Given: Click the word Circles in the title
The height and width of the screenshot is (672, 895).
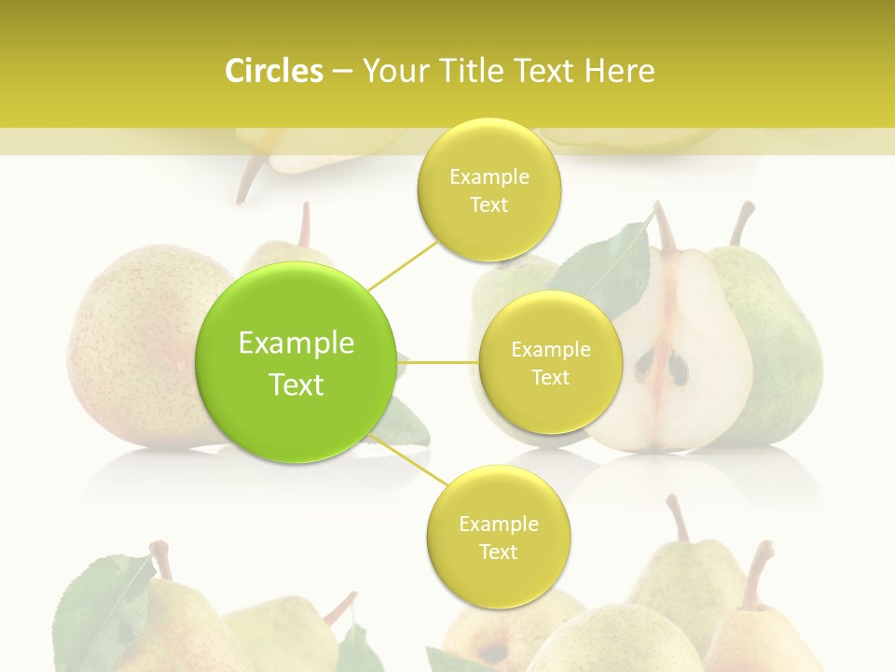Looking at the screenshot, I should coord(273,71).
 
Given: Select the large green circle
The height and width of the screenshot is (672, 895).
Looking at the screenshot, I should coord(296,362).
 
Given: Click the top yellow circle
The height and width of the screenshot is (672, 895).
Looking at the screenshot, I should coord(489,189).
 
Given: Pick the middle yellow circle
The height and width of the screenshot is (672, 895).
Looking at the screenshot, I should coord(550,362).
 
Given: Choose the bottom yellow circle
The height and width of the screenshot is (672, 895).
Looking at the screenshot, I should coord(498,537).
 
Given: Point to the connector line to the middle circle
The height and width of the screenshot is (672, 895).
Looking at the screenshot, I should coord(437,362).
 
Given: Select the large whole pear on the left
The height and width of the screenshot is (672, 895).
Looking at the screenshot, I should coord(140,345).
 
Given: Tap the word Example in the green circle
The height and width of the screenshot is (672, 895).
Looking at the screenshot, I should coord(296,343).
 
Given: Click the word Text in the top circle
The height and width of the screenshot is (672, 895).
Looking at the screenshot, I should coord(489,205).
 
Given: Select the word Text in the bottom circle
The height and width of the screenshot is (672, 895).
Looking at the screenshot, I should coord(498,553).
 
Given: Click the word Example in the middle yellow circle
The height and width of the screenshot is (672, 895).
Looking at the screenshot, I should coord(550,350).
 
